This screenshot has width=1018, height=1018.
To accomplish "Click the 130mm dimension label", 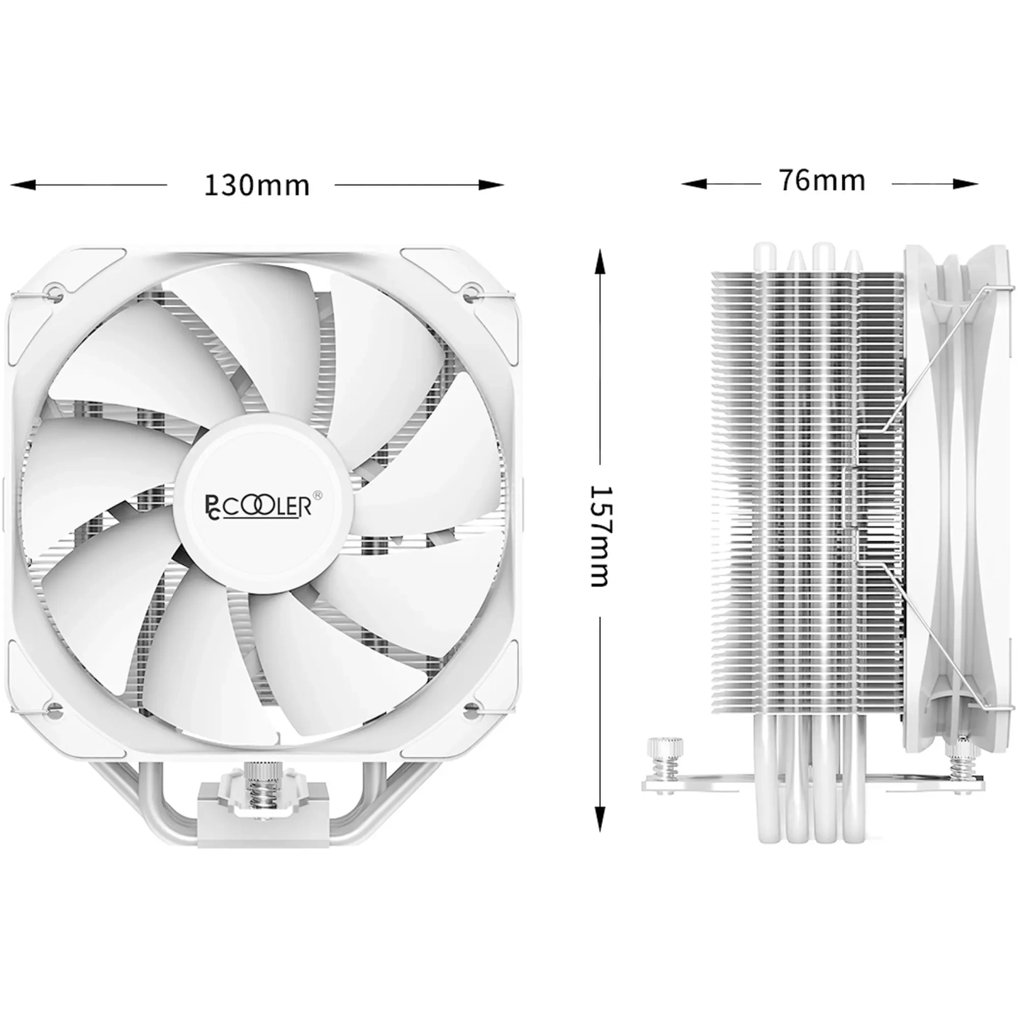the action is click(x=257, y=185).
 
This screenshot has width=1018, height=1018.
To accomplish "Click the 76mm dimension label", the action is click(x=822, y=180).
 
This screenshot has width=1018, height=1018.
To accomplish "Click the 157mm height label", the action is click(x=601, y=536).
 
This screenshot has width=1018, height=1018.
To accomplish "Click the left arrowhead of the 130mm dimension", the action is click(x=23, y=185).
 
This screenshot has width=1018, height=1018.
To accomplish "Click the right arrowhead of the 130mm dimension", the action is click(x=492, y=185).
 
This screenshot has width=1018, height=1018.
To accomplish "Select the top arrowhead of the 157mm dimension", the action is click(x=600, y=262).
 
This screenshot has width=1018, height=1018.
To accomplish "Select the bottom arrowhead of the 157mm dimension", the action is click(x=600, y=819).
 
